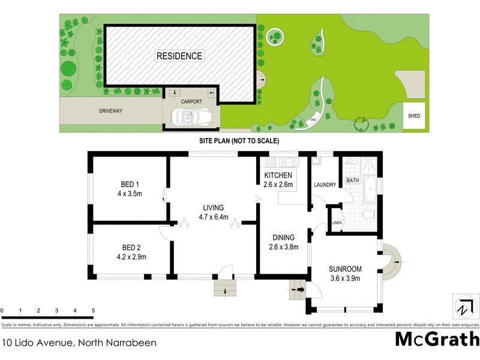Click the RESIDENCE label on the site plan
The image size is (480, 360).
[x=179, y=56]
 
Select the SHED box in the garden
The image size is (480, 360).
[x=414, y=116]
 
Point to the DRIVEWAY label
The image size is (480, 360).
[x=110, y=111]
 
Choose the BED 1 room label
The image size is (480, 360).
[x=126, y=184]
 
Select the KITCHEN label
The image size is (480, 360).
[x=278, y=175]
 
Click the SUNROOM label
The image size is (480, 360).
[x=344, y=269]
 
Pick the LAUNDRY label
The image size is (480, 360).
[x=324, y=184]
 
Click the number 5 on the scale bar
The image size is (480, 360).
[x=93, y=310]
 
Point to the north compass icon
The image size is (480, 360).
[x=463, y=306]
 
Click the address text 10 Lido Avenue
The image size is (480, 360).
[x=79, y=343]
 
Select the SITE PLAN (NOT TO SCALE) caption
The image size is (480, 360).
[x=239, y=140]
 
